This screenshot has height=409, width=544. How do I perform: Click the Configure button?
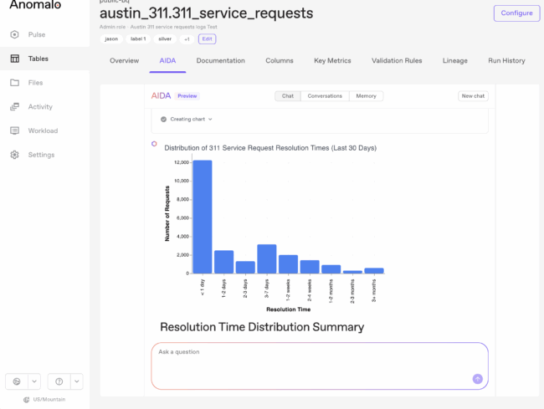[x=516, y=13]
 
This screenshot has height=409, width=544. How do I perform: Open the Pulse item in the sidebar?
[x=36, y=35]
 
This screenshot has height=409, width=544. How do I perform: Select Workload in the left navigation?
[x=43, y=130]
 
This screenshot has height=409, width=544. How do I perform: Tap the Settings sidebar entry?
[x=41, y=155]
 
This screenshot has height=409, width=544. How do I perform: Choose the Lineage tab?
[x=455, y=61]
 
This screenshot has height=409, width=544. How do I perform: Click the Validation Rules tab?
[x=398, y=61]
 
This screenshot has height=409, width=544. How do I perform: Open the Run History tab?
[x=507, y=61]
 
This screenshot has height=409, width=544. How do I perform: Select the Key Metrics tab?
[x=332, y=61]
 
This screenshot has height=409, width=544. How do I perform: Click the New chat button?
[x=473, y=96]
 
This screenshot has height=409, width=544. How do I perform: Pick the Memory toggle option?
[x=366, y=96]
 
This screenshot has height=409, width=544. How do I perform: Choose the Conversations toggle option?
[x=325, y=96]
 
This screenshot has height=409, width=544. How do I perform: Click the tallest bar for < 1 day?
[x=203, y=217]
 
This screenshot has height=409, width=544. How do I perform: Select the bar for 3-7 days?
[x=267, y=258]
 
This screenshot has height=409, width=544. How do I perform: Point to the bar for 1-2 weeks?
[x=288, y=264]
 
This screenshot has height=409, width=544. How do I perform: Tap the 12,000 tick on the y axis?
[x=179, y=162]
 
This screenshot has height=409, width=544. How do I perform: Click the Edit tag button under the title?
[x=207, y=39]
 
